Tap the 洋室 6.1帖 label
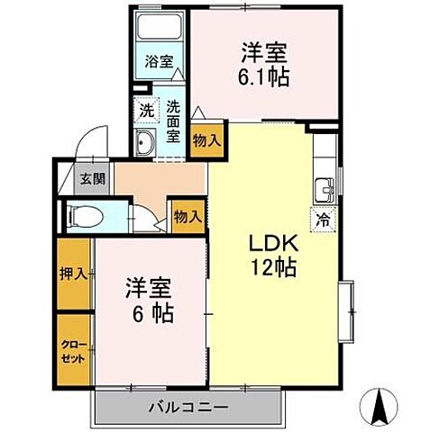tap(263, 64)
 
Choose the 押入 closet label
tap(74, 274)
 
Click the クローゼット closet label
tap(74, 352)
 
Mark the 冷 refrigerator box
tap(323, 218)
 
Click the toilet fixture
tap(87, 217)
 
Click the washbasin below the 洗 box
tap(145, 140)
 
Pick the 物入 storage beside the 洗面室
tap(204, 139)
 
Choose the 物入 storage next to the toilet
tap(186, 217)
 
